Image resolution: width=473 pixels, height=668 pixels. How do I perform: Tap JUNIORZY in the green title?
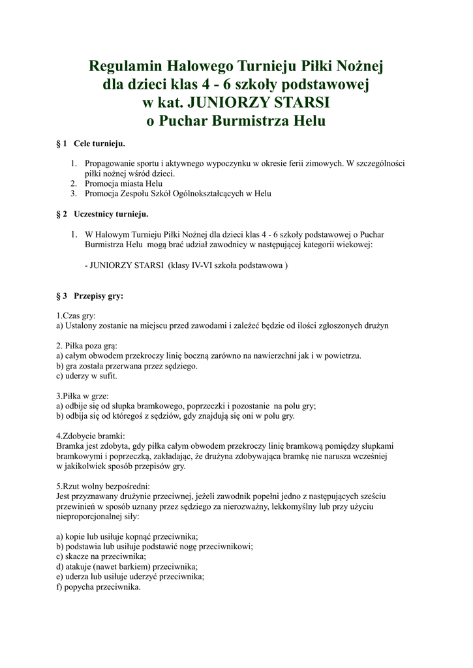[226, 102]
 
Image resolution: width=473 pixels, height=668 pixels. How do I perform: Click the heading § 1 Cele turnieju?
[91, 143]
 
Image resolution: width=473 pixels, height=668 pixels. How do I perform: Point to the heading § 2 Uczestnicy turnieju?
[102, 213]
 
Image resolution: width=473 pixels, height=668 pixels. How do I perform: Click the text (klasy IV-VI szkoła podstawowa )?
[228, 266]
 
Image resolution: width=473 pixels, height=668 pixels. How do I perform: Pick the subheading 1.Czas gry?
[76, 315]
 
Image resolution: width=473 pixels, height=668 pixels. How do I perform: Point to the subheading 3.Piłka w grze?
[83, 395]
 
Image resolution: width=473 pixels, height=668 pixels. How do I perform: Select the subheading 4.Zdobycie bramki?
[91, 436]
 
